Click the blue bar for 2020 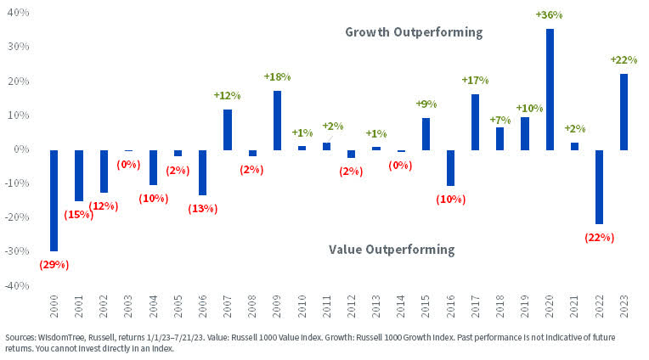pos(550,89)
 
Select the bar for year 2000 pos(54,200)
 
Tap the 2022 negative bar pos(599,187)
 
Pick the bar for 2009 pos(277,120)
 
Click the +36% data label pos(549,15)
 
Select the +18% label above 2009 pos(277,76)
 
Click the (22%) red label pos(599,239)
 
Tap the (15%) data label pos(79,216)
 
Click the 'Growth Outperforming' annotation pos(414,32)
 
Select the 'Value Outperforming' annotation pos(392,250)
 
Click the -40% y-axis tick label pos(17,286)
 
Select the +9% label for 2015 pos(426,104)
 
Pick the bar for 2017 pos(475,121)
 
